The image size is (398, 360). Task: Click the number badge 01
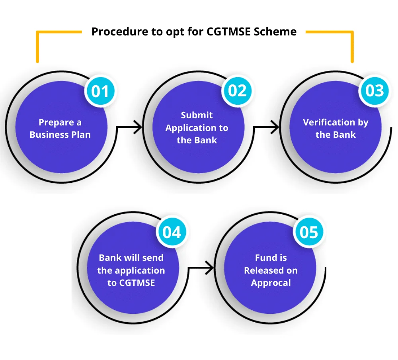100,91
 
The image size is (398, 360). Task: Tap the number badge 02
237,91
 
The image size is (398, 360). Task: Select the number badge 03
374,91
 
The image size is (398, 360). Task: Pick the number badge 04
172,232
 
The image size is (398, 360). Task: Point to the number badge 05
309,232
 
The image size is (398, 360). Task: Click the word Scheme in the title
277,32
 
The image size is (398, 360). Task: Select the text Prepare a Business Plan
60,129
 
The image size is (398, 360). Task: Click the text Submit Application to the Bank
197,128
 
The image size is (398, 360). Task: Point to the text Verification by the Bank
336,128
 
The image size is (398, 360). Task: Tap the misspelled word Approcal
271,283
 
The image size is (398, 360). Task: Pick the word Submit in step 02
197,115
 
